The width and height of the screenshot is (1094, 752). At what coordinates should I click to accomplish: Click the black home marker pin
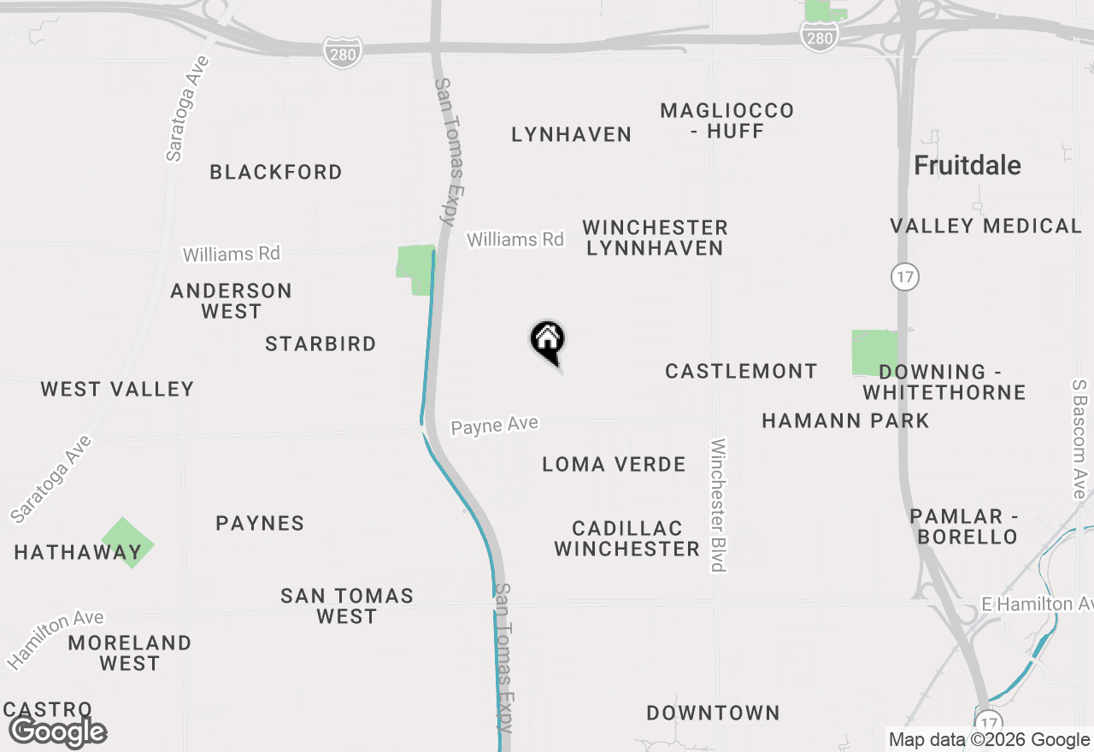click(x=548, y=342)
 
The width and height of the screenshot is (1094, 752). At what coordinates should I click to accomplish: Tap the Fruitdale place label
click(x=968, y=165)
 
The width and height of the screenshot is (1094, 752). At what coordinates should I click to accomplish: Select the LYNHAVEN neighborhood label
click(x=571, y=134)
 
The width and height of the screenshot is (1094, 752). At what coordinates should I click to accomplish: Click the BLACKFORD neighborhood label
click(x=276, y=172)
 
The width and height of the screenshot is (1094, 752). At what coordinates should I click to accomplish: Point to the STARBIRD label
click(x=321, y=344)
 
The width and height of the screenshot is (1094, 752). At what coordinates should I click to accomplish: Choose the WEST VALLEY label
click(x=117, y=389)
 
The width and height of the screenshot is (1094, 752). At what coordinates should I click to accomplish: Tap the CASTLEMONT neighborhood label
click(x=741, y=371)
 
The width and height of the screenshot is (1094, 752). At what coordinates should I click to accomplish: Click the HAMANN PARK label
click(x=845, y=420)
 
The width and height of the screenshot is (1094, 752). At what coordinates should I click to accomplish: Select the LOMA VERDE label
click(x=614, y=464)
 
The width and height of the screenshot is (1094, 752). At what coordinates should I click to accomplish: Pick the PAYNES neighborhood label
click(x=260, y=523)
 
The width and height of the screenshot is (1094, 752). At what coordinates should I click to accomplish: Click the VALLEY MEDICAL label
click(x=985, y=226)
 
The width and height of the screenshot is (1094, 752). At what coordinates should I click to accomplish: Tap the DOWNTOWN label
click(x=713, y=713)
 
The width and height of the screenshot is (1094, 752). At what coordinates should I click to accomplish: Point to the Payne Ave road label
click(x=495, y=425)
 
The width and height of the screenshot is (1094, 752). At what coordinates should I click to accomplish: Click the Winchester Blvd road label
click(x=718, y=504)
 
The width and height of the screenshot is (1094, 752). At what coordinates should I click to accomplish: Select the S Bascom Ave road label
click(x=1079, y=439)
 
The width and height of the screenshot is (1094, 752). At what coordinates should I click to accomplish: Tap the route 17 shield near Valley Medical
click(x=904, y=276)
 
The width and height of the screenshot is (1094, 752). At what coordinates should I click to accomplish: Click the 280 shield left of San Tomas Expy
click(x=343, y=53)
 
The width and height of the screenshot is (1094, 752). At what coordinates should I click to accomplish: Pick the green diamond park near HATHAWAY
click(x=128, y=542)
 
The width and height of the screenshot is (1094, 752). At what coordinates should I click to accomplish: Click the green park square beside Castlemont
click(x=874, y=352)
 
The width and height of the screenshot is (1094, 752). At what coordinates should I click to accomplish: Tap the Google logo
click(x=58, y=731)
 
